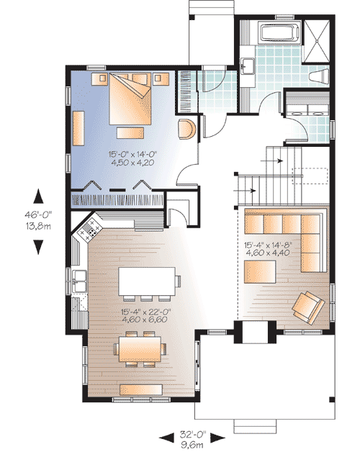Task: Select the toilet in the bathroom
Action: tap(316, 76)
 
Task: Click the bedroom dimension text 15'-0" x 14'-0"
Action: tap(134, 153)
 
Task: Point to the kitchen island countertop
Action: tap(148, 279)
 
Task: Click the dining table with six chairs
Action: tap(142, 349)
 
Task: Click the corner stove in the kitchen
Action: tap(91, 230)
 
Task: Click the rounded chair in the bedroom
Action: tap(186, 130)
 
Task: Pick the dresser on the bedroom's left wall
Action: tap(78, 127)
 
